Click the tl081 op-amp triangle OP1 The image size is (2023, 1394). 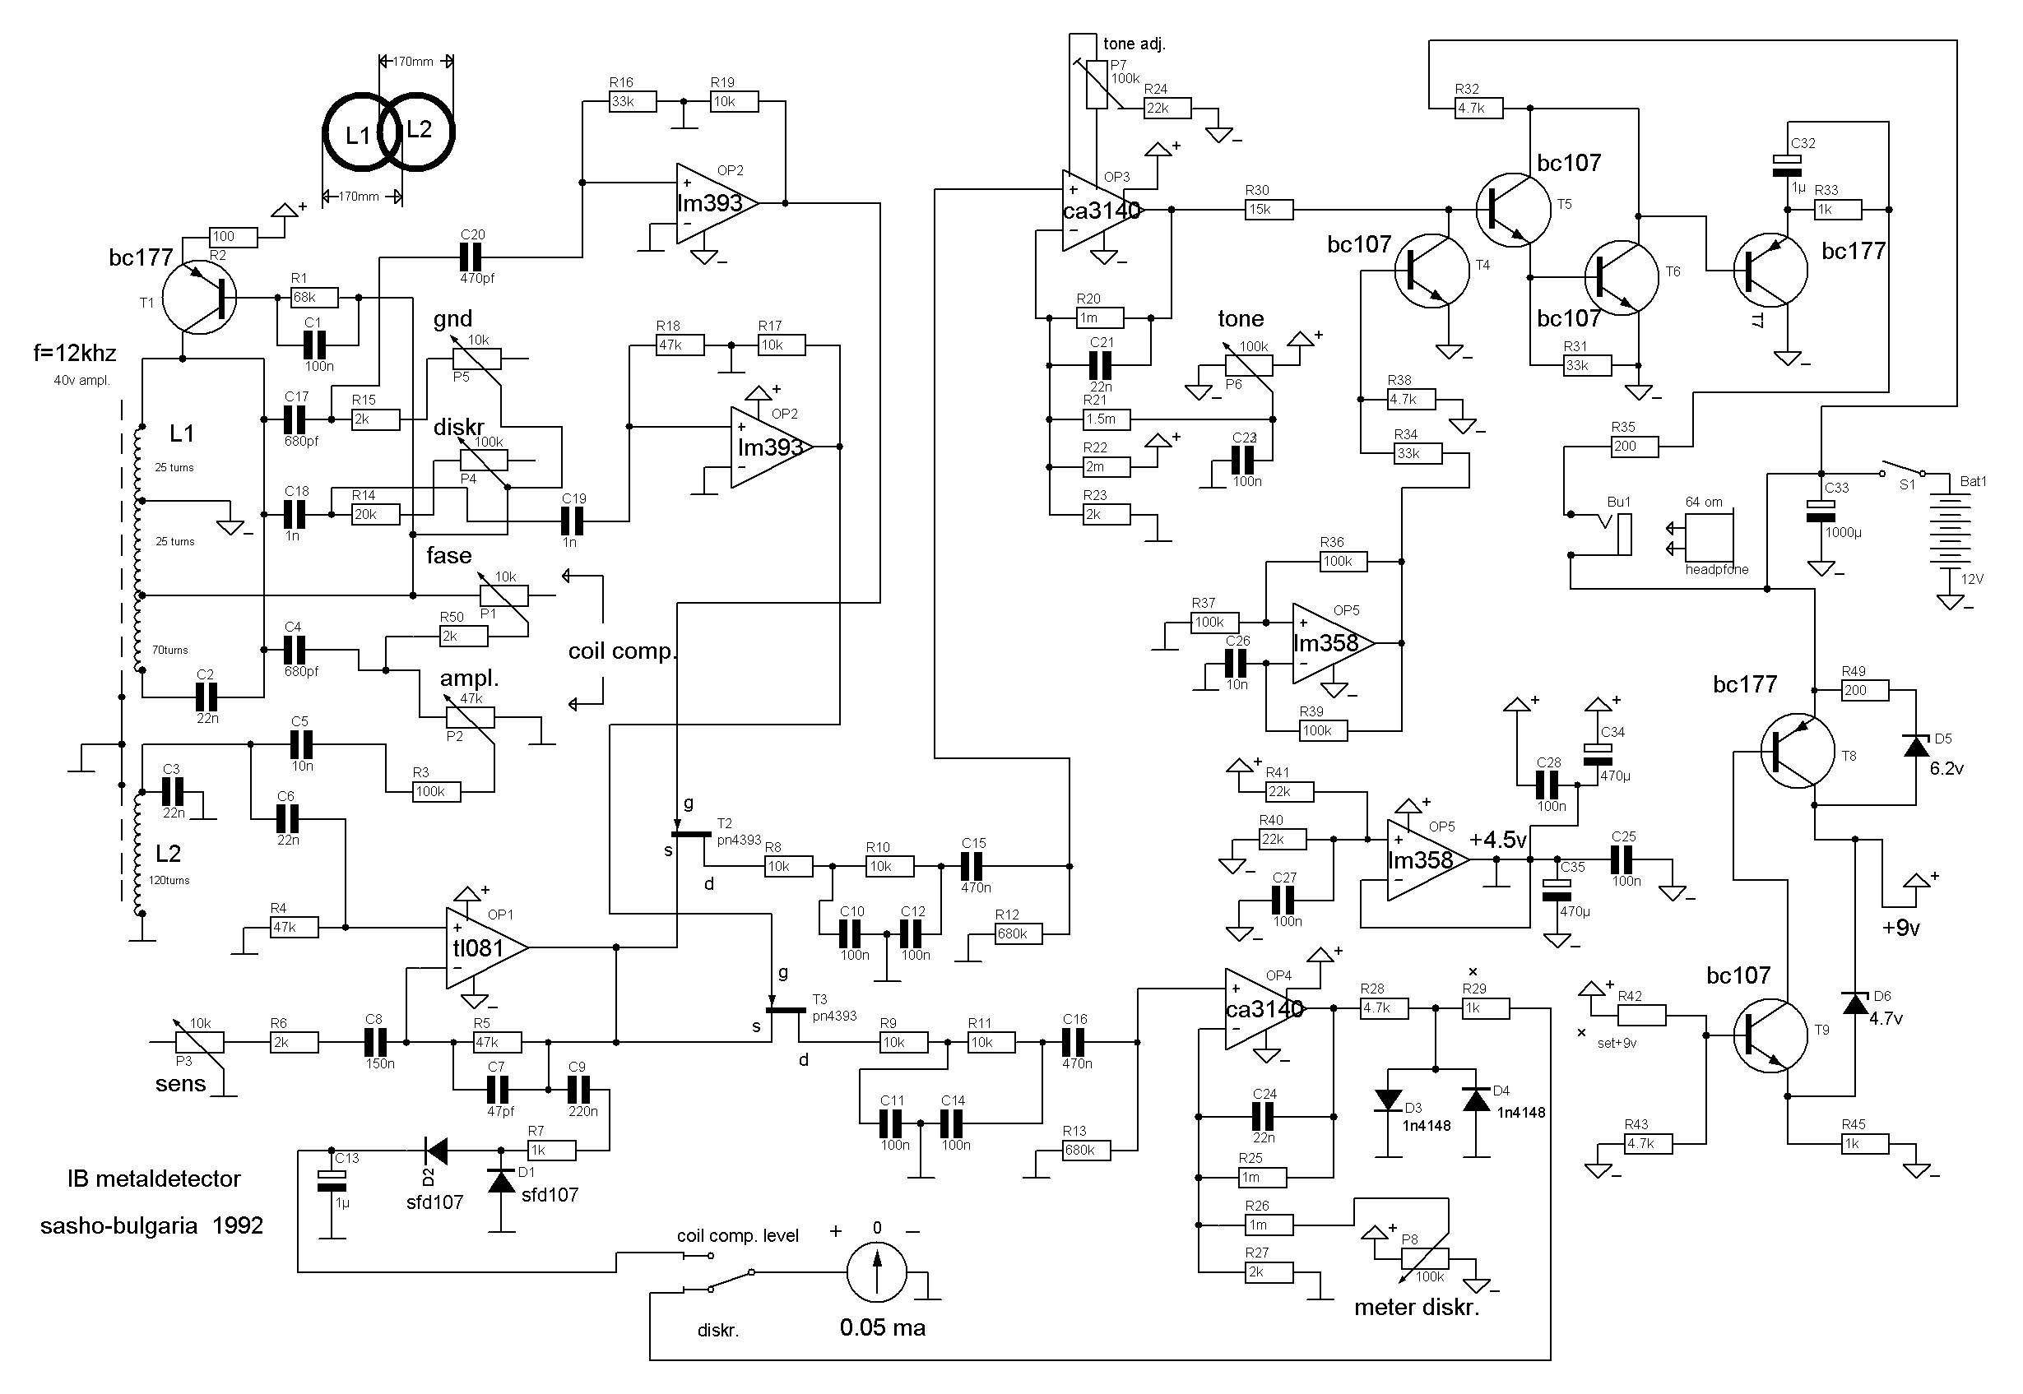[482, 947]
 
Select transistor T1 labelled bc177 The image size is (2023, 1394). [200, 297]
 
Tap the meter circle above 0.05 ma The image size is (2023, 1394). [877, 1273]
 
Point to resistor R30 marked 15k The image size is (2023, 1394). [1269, 210]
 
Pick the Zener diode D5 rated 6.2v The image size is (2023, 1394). [1916, 747]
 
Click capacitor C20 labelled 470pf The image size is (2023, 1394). [471, 257]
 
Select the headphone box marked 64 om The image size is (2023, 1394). [1710, 537]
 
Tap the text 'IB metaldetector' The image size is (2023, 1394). [154, 1179]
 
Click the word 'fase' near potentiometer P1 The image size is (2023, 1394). [449, 555]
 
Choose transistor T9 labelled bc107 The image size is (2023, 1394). [1770, 1037]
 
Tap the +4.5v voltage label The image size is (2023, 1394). [1497, 841]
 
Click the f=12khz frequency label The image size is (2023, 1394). [75, 354]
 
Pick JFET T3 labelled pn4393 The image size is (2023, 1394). [786, 1012]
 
